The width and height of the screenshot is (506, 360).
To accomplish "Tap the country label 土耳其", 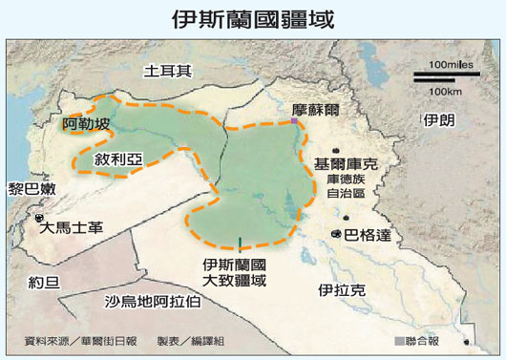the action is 167,71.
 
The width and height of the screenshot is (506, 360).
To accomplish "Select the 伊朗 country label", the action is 442,119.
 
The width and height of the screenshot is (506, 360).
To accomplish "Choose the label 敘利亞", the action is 117,160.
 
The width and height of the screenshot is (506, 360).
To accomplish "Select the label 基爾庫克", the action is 350,164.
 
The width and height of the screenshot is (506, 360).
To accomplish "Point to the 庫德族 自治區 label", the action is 346,185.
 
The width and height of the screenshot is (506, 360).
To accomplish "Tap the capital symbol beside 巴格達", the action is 336,234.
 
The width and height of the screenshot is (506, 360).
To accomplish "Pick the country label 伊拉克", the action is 341,288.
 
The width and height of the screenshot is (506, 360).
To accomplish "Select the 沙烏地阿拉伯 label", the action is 152,303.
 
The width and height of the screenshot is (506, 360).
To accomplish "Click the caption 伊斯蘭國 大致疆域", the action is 234,272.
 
